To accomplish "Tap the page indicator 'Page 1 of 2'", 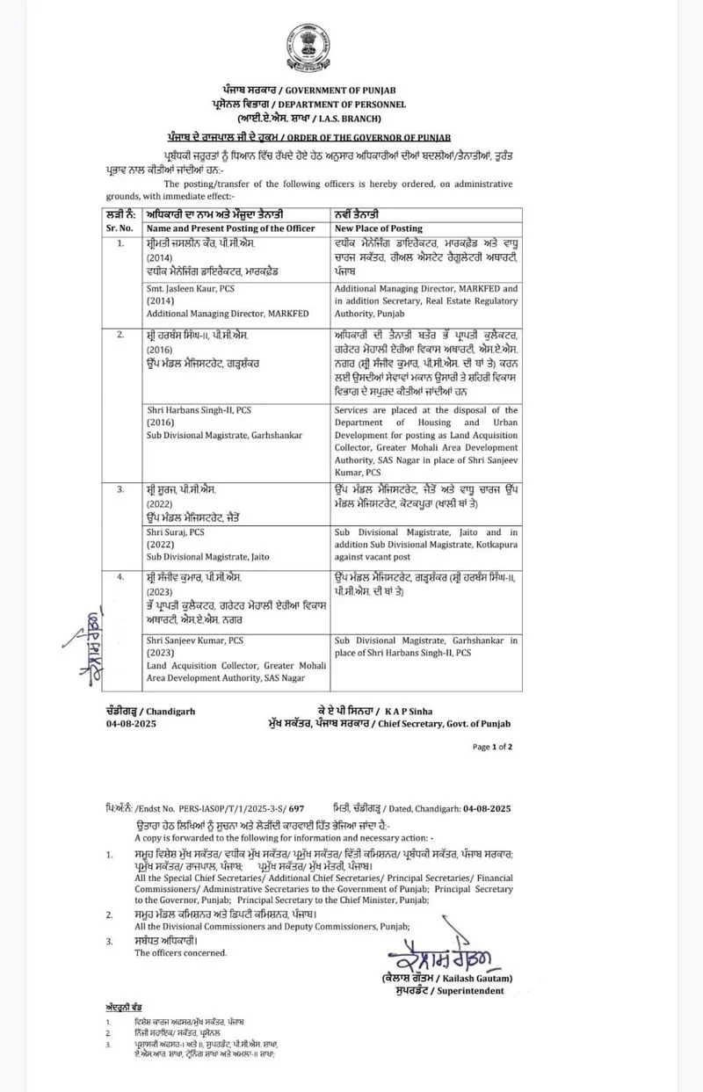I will [x=492, y=747].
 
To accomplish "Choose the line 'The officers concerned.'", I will [x=180, y=951].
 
